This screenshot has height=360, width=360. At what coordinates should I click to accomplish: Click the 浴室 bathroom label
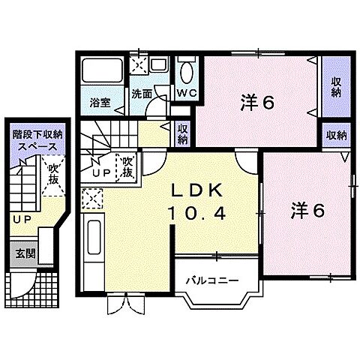tap(101, 102)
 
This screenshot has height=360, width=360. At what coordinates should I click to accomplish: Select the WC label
tap(186, 93)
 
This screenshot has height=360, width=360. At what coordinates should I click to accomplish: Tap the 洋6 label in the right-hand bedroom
tap(307, 211)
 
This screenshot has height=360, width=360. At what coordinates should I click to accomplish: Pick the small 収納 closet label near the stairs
tap(183, 134)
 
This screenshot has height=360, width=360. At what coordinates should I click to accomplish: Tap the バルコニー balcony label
tap(212, 281)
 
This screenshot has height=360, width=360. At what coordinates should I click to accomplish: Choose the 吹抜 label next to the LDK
tap(127, 166)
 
